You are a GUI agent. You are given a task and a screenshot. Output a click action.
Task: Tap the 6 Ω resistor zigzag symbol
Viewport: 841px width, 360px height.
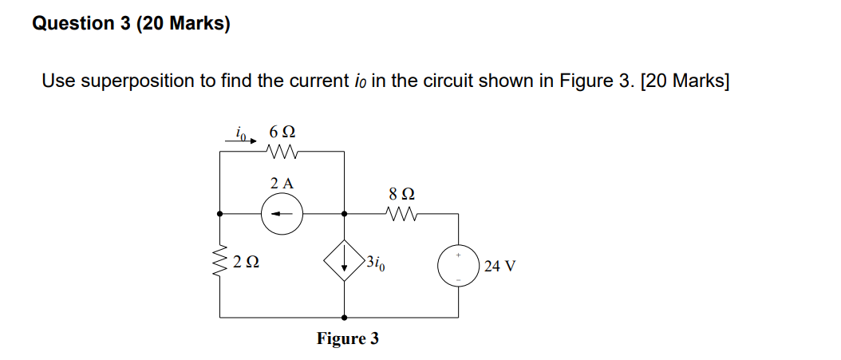coord(283,151)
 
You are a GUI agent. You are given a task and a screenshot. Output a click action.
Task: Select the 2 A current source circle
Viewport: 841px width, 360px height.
coord(282,214)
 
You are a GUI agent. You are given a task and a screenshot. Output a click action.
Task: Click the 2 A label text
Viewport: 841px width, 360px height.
coord(282,183)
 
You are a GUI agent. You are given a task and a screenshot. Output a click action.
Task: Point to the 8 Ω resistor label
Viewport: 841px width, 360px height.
coord(401,194)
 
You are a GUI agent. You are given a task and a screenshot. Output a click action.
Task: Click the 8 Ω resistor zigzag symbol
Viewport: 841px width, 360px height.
coord(401,213)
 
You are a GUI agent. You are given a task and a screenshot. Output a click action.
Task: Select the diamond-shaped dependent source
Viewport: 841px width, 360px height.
coord(344,260)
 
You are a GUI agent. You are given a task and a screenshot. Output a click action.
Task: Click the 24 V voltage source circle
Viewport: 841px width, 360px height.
coord(458,265)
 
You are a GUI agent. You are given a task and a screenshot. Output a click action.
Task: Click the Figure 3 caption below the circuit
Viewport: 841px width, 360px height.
coord(348,338)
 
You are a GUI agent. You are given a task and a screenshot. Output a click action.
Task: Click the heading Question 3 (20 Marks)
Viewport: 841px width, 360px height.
coord(131,24)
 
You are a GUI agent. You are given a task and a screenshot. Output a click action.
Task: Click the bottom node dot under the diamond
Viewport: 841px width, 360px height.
coord(344,317)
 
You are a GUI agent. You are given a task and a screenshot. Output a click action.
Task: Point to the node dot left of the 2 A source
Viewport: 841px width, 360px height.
coord(219,214)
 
